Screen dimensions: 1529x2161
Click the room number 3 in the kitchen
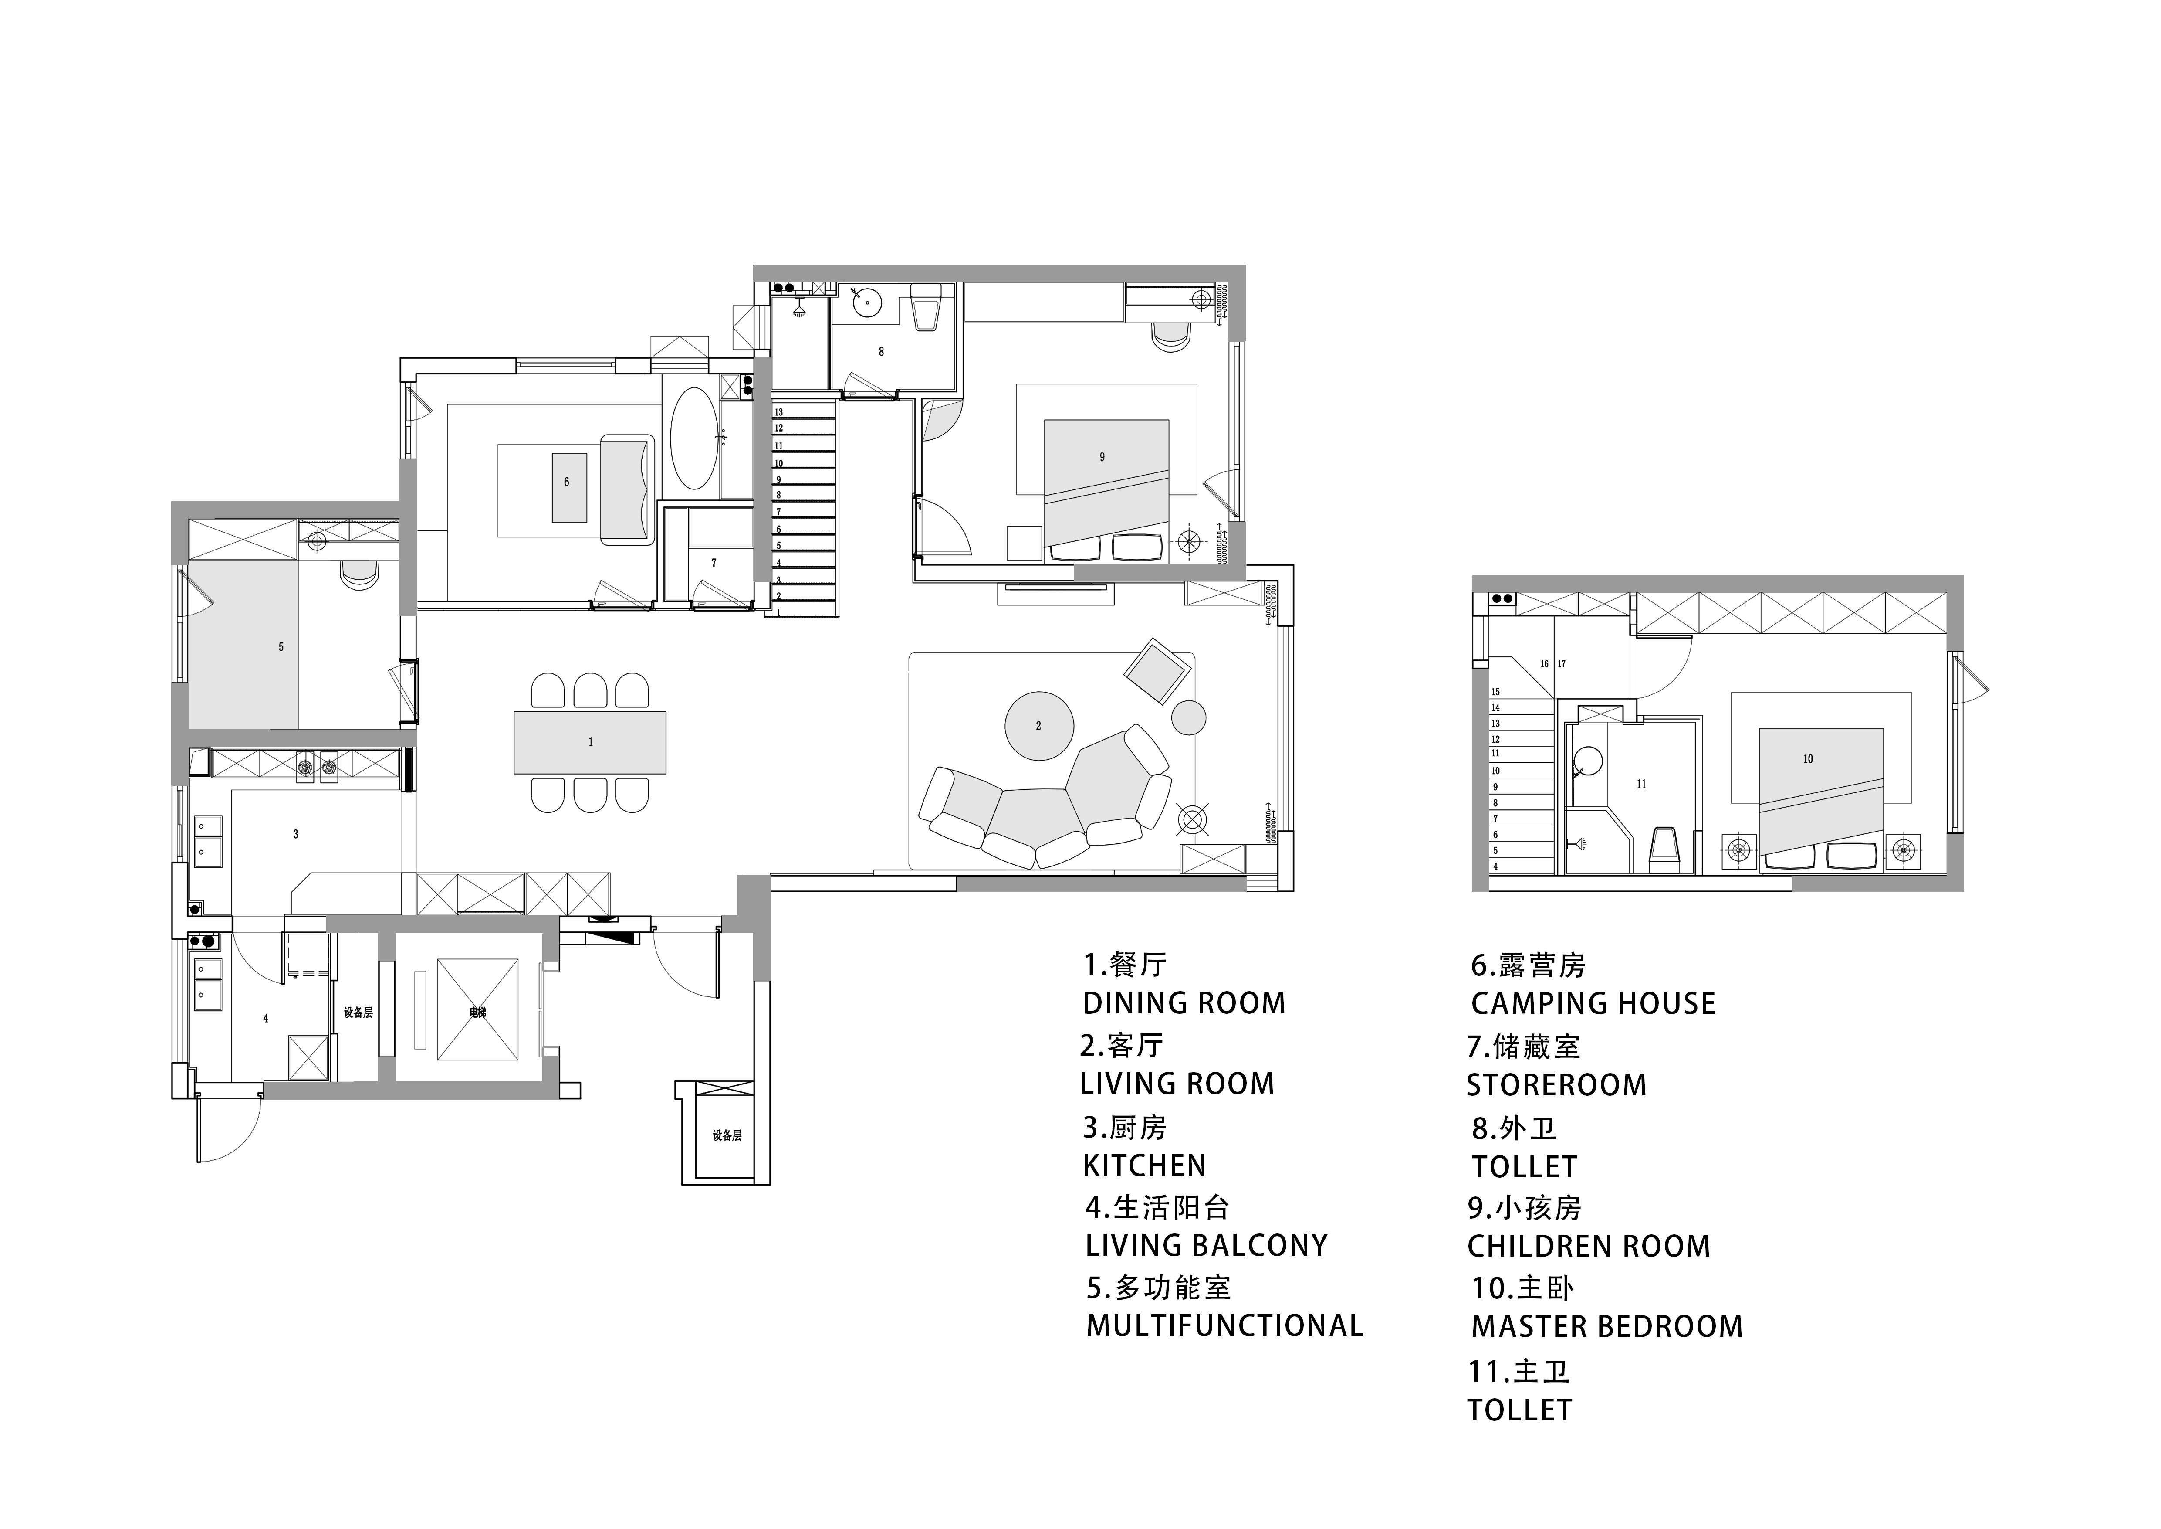(x=295, y=834)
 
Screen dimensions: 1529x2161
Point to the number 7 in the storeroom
(x=714, y=563)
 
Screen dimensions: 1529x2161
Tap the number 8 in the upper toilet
(x=881, y=352)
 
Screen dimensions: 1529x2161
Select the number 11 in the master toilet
(x=1641, y=784)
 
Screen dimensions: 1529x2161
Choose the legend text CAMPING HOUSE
(x=1593, y=1004)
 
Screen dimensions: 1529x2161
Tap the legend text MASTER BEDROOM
(x=1606, y=1327)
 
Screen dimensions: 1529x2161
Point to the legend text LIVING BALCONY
(x=1206, y=1246)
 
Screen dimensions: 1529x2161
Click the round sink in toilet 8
(x=866, y=302)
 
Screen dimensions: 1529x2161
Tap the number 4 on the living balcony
(x=265, y=1019)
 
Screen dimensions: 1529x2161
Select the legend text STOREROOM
(x=1556, y=1086)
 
